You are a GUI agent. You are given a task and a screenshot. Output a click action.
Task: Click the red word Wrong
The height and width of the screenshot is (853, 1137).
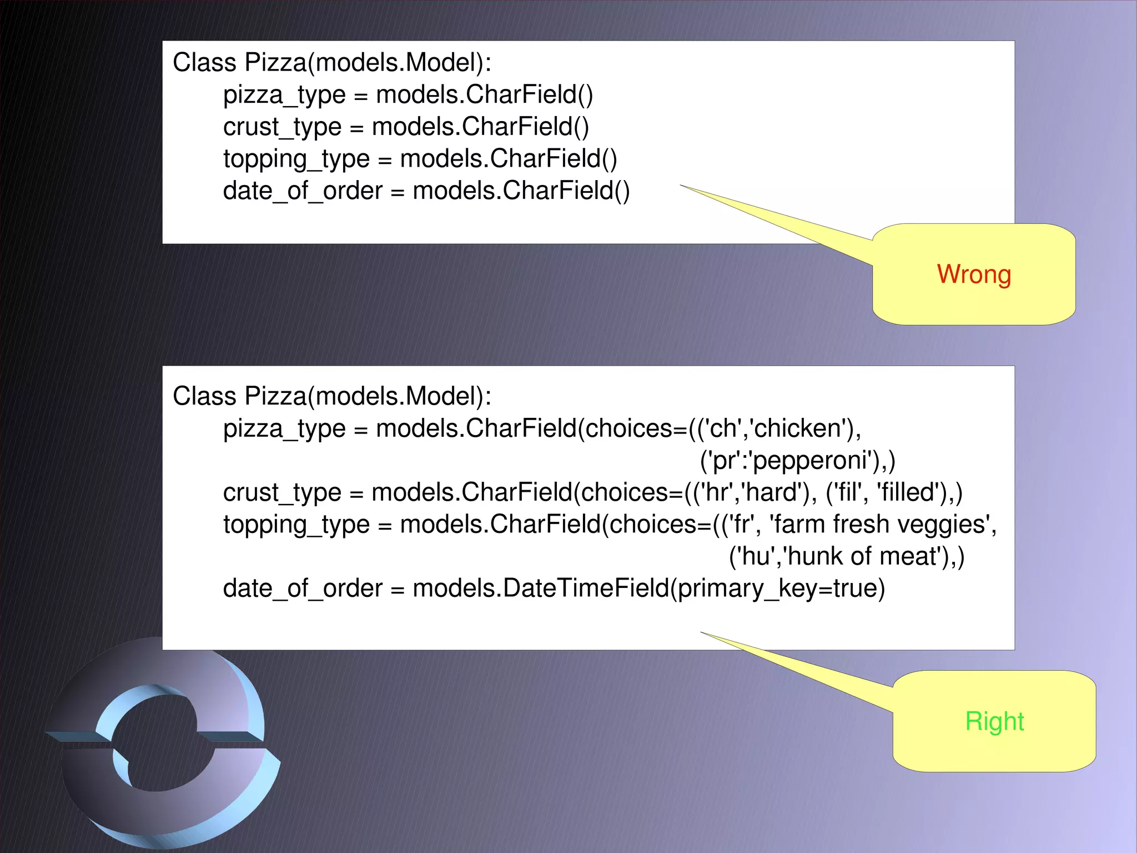(974, 275)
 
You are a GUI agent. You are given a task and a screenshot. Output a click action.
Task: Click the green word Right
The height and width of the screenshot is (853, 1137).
(994, 721)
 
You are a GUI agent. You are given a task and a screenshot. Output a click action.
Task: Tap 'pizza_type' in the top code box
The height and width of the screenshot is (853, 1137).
(284, 96)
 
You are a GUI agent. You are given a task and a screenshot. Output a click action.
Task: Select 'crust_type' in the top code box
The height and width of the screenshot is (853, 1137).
(281, 127)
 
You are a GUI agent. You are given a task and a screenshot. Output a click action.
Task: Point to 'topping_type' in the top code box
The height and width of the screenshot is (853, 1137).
(296, 159)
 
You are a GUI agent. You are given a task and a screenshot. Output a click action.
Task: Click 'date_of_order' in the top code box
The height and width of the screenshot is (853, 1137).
(303, 191)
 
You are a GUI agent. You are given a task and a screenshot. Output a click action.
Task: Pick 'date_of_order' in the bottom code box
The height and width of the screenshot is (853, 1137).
(303, 588)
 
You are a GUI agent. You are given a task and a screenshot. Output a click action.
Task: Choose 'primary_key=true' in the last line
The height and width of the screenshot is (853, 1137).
(781, 588)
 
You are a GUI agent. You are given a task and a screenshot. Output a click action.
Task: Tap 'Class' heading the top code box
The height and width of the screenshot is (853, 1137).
(204, 62)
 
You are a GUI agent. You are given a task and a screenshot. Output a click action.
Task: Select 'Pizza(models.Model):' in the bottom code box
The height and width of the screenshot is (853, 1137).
(368, 396)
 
